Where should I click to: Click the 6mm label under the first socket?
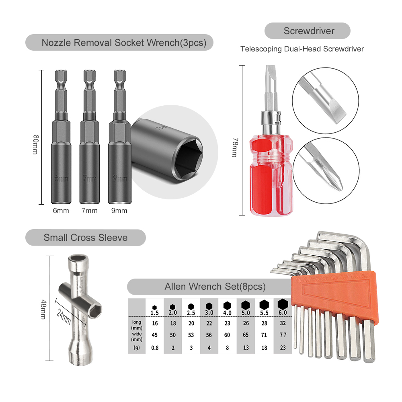pyautogui.click(x=61, y=211)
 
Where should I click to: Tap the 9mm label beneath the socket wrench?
pyautogui.click(x=119, y=211)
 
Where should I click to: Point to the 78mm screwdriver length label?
pyautogui.click(x=235, y=147)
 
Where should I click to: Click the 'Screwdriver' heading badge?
pyautogui.click(x=308, y=31)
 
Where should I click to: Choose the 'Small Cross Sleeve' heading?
pyautogui.click(x=85, y=238)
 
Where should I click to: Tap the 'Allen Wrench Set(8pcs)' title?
pyautogui.click(x=215, y=287)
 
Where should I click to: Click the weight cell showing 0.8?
pyautogui.click(x=155, y=348)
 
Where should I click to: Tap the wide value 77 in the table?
pyautogui.click(x=283, y=334)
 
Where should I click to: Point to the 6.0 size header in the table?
pyautogui.click(x=283, y=312)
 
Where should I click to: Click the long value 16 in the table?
pyautogui.click(x=155, y=323)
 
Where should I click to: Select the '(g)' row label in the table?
pyautogui.click(x=137, y=348)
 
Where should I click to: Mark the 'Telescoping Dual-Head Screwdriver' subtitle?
pyautogui.click(x=302, y=49)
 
